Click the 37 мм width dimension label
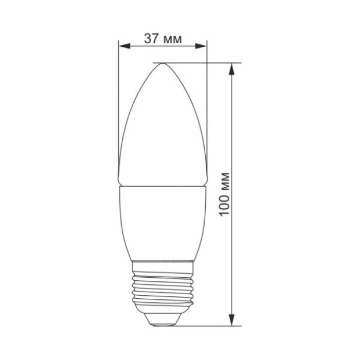point(163,39)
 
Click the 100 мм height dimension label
point(225,194)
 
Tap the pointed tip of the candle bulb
point(163,64)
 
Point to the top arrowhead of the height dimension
point(234,68)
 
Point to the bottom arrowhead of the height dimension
point(234,321)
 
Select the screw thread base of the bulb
point(163,291)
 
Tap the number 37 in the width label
point(152,39)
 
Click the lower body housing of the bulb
point(163,221)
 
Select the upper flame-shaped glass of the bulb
point(163,129)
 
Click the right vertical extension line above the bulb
point(207,103)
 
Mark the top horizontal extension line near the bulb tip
point(206,63)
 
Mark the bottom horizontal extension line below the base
point(206,326)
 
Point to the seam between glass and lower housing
point(163,185)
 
